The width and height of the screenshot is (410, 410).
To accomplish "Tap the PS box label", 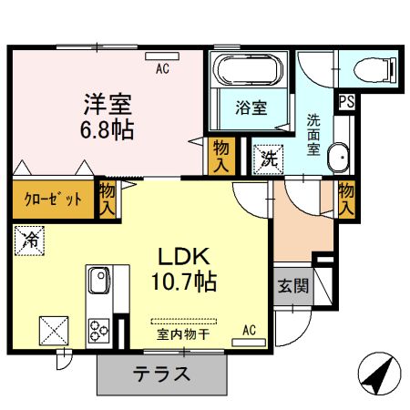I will pyautogui.click(x=347, y=103).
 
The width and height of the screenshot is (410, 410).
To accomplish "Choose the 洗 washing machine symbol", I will pyautogui.click(x=268, y=156).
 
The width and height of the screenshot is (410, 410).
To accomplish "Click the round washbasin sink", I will pyautogui.click(x=338, y=156).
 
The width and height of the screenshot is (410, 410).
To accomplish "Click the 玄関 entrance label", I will pyautogui.click(x=292, y=285).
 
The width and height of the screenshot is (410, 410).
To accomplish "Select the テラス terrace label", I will pyautogui.click(x=161, y=374).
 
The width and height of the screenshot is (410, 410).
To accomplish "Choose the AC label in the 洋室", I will pyautogui.click(x=162, y=67).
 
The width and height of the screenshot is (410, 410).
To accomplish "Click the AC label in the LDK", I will pyautogui.click(x=249, y=331).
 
